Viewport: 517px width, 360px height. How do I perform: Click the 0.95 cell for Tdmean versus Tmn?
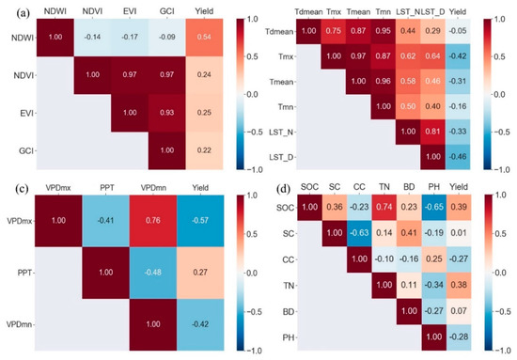click(384, 30)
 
